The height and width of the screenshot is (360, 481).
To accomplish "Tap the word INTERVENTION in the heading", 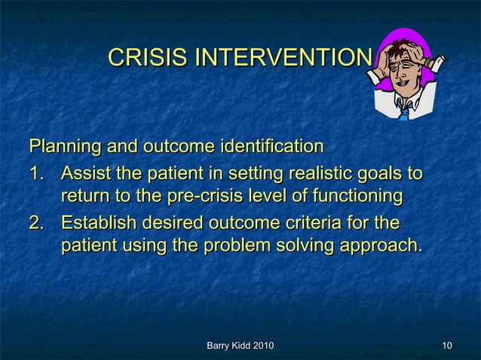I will (x=283, y=57).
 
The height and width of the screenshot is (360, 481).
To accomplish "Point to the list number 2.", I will (x=37, y=224).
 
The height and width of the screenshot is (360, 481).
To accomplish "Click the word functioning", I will (x=353, y=197).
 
